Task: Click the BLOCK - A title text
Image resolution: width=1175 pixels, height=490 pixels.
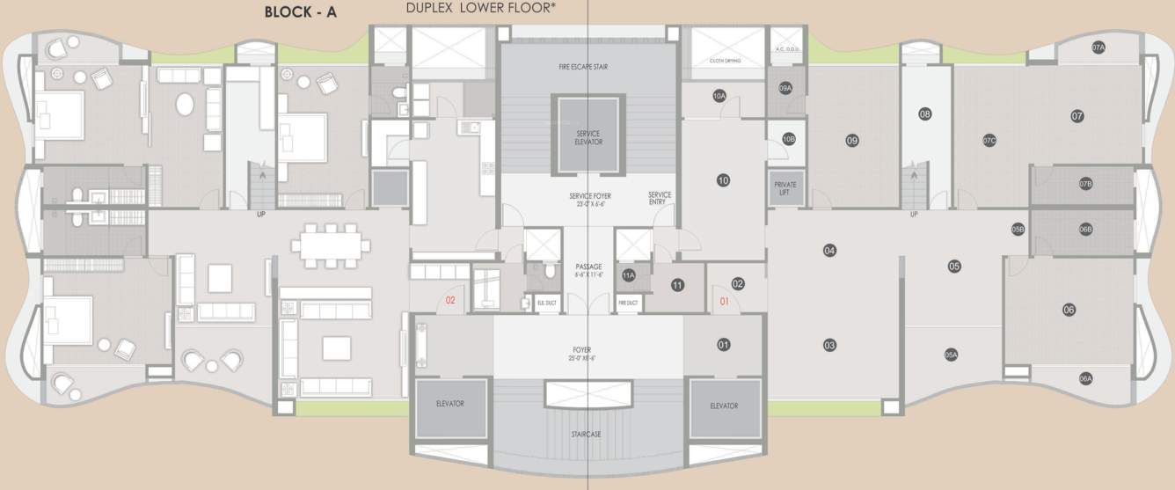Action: click(301, 12)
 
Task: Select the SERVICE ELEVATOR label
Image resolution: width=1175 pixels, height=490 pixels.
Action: click(587, 137)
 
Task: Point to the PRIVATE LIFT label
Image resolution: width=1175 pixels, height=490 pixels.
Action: click(785, 189)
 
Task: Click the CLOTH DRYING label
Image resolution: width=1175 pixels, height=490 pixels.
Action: click(727, 61)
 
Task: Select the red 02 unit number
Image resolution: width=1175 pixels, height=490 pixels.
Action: click(449, 301)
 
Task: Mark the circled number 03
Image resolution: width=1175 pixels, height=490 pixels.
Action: click(829, 346)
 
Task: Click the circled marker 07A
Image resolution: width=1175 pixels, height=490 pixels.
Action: click(1098, 49)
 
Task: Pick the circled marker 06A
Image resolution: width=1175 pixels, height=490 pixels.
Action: click(1085, 378)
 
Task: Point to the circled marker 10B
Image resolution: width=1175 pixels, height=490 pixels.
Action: click(789, 138)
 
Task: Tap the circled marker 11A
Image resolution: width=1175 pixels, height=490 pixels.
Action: click(628, 275)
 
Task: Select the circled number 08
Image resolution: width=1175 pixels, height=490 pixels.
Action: click(924, 113)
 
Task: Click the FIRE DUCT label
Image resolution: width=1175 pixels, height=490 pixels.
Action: click(628, 303)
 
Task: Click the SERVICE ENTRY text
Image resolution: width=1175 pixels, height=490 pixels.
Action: click(660, 198)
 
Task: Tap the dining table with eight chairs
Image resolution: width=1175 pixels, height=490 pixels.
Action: click(331, 245)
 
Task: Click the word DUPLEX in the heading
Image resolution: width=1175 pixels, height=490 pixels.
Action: click(431, 10)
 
